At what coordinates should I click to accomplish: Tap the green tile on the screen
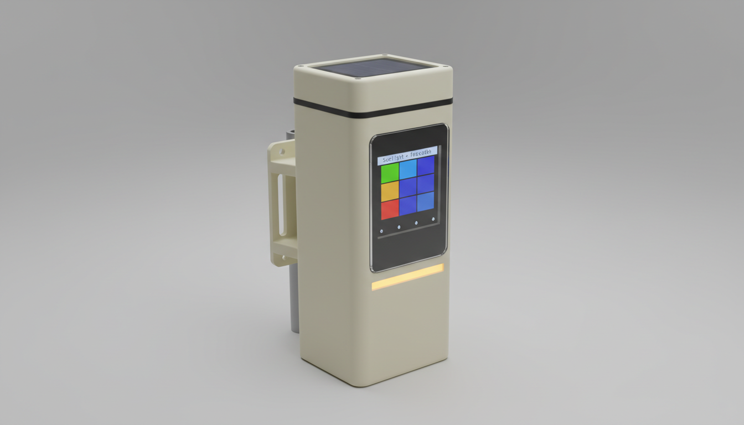point(390,173)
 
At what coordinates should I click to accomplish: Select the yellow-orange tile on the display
point(390,191)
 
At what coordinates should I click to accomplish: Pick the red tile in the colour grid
point(390,210)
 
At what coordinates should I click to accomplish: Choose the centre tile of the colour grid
point(408,187)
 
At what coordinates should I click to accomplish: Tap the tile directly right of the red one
point(408,205)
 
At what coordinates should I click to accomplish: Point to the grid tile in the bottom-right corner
point(426,201)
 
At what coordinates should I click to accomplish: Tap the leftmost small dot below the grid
point(381,231)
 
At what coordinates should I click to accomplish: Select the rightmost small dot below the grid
point(433,219)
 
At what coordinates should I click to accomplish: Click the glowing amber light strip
point(407,277)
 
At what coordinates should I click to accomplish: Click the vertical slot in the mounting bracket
point(282,204)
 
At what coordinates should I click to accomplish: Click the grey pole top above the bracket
point(290,134)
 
